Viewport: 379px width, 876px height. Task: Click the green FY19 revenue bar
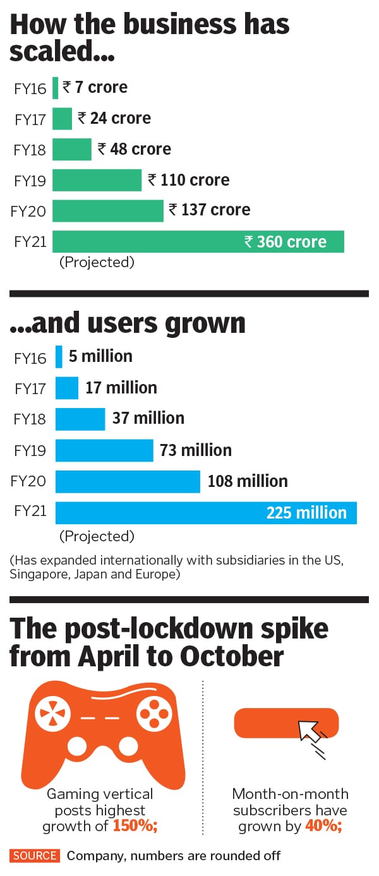point(97,180)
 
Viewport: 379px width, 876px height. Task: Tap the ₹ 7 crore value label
point(95,87)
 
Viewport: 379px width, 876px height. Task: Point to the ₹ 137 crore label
point(209,210)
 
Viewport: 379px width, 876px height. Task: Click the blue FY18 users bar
point(80,419)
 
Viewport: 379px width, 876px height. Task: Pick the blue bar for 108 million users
point(128,481)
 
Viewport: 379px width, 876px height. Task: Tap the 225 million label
point(306,513)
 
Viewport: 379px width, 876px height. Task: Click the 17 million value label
point(121,387)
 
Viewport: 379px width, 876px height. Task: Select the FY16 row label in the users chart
point(30,358)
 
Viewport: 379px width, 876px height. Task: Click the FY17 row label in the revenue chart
point(30,119)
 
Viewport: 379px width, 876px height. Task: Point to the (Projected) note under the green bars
point(97,262)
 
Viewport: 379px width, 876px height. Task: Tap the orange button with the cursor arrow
point(286,724)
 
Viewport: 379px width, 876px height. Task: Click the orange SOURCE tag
point(35,856)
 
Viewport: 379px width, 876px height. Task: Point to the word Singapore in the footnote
point(39,575)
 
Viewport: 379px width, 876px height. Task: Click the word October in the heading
point(232,656)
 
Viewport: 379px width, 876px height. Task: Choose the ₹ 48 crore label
point(134,149)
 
